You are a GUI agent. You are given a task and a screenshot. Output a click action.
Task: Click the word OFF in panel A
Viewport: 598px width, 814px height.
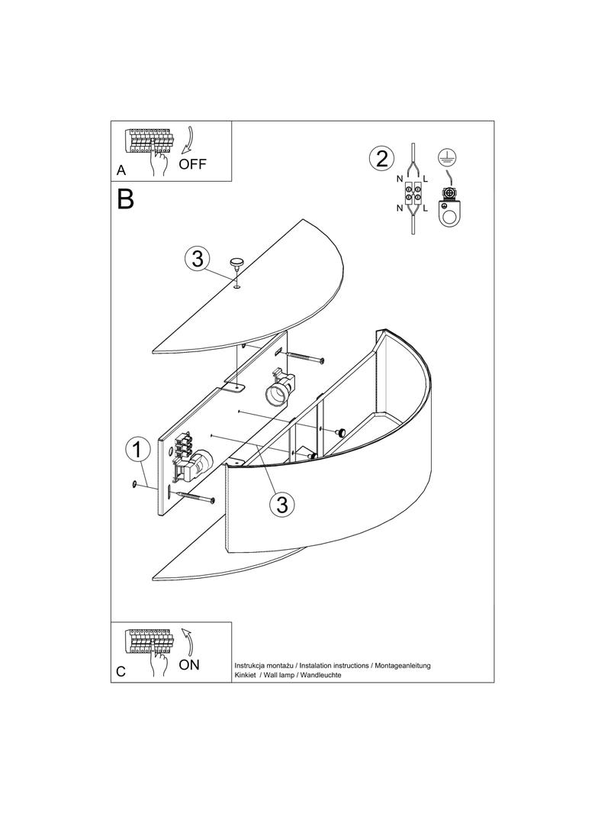click(x=192, y=164)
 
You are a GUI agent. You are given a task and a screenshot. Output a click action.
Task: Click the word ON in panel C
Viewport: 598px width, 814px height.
click(x=189, y=664)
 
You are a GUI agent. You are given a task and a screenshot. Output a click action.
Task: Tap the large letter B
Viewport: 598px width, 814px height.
click(x=126, y=199)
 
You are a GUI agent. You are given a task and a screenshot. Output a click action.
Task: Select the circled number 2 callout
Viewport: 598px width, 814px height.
click(x=381, y=158)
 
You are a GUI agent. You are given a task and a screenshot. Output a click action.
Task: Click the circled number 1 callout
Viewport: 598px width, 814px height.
click(x=137, y=450)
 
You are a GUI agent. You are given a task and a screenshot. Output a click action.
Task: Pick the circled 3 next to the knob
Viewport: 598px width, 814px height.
click(x=198, y=258)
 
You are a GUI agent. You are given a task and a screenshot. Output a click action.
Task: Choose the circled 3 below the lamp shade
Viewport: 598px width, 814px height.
click(x=282, y=503)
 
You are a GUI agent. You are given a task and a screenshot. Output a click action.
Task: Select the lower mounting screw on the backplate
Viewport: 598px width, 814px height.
click(x=195, y=497)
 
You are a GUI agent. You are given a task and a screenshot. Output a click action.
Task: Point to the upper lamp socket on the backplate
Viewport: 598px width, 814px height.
click(x=279, y=390)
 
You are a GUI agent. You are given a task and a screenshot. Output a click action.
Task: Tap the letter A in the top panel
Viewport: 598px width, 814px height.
click(x=121, y=170)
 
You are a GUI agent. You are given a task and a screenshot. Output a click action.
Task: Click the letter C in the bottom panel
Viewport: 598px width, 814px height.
click(x=121, y=671)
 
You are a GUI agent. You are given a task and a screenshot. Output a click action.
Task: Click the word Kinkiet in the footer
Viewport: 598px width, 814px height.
click(x=246, y=675)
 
